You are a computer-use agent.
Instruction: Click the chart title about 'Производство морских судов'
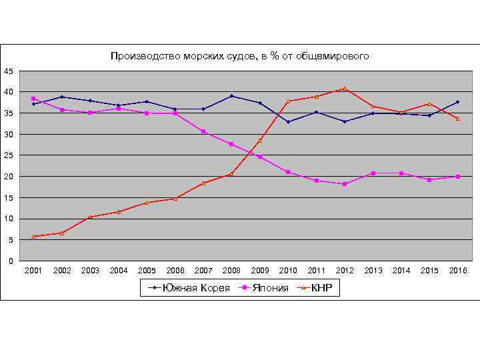(239, 57)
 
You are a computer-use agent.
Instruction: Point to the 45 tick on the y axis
(8, 71)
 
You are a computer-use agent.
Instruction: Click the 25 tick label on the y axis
(8, 155)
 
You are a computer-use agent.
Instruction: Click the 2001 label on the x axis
(33, 271)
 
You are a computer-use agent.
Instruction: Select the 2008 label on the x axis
(231, 271)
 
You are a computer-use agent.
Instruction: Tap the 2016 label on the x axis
(458, 271)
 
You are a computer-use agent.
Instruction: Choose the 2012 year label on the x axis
(345, 271)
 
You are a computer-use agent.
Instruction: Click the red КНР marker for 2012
(345, 89)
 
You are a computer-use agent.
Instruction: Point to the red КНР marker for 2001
(33, 236)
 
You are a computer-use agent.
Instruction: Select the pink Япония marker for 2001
(33, 99)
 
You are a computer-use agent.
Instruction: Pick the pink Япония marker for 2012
(345, 184)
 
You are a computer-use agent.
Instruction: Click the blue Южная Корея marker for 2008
(231, 96)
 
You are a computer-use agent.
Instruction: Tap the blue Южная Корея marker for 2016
(458, 102)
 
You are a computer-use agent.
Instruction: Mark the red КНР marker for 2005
(147, 202)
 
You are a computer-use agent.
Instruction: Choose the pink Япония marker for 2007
(203, 131)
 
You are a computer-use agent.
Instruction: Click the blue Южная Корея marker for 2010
(288, 122)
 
